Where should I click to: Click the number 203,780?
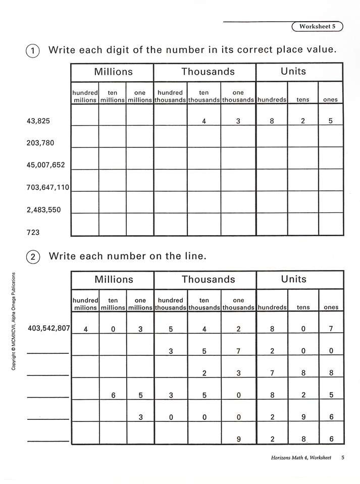(x=40, y=143)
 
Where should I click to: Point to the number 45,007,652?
(x=45, y=165)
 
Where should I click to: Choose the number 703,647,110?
(x=47, y=187)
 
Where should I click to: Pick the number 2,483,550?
(x=43, y=209)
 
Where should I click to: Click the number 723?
(x=33, y=232)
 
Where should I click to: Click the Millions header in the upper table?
(x=113, y=72)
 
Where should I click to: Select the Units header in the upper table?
(x=293, y=72)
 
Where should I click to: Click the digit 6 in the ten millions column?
(x=114, y=396)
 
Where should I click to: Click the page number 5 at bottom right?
(x=342, y=458)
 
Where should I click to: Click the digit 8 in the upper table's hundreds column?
(x=272, y=122)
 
